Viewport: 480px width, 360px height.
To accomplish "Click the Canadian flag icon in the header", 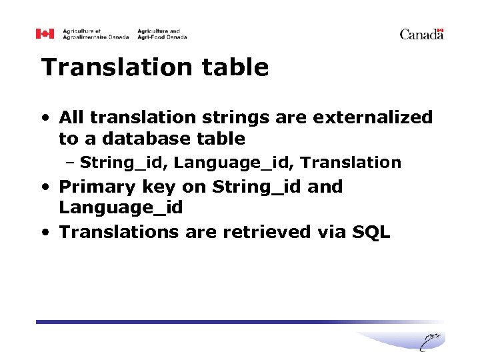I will [x=44, y=34].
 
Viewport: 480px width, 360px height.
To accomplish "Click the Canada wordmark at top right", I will [x=421, y=34].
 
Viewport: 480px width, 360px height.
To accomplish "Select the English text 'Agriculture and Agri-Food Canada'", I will [x=162, y=34].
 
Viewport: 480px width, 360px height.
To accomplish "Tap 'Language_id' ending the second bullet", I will [x=121, y=208].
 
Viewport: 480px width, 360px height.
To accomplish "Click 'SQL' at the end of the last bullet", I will [x=371, y=232].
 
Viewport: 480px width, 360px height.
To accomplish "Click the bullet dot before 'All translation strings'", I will [x=45, y=119].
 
